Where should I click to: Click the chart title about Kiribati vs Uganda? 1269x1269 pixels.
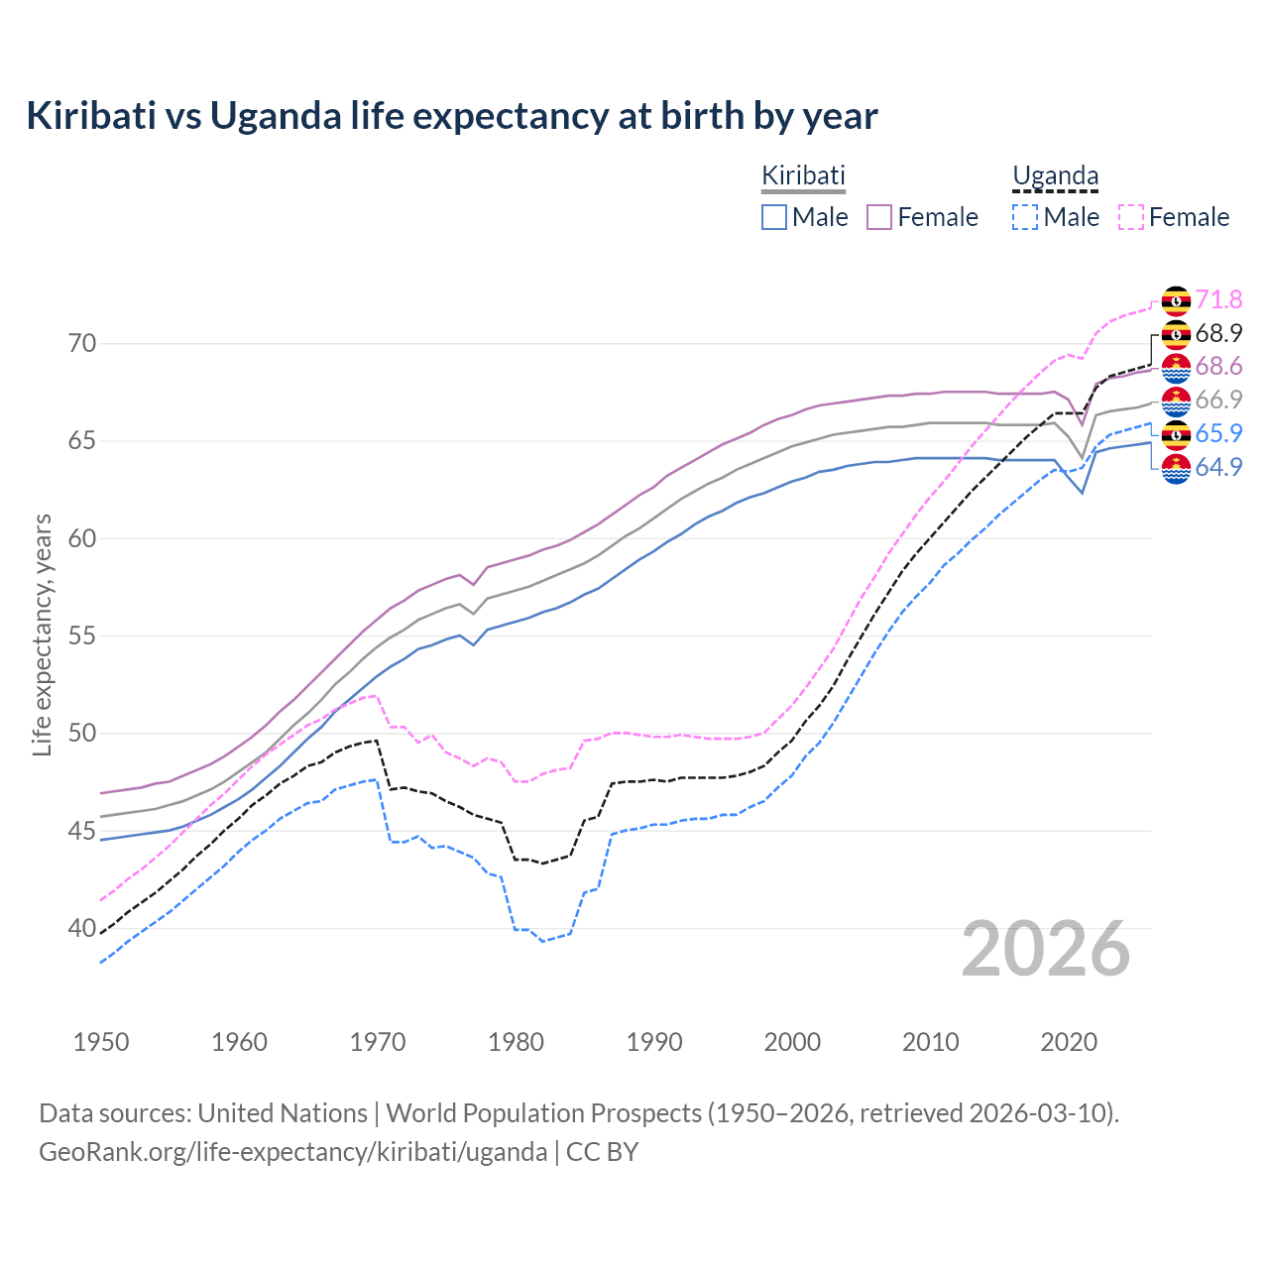click(452, 116)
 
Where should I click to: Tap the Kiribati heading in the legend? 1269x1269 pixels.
click(802, 175)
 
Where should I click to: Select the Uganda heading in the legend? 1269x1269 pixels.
click(1055, 175)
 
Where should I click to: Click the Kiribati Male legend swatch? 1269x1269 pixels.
click(774, 217)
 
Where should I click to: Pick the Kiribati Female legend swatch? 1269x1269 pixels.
click(879, 217)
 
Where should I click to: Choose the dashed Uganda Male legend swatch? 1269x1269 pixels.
click(1025, 217)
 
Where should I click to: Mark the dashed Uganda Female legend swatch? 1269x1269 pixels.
click(1131, 217)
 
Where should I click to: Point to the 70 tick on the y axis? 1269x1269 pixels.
click(82, 344)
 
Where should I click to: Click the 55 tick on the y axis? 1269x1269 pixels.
click(82, 635)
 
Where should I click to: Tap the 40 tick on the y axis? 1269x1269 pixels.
click(82, 929)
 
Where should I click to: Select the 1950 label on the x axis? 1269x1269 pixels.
click(101, 1042)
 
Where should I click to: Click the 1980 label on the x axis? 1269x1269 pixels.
click(516, 1042)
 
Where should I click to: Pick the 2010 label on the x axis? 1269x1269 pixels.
click(930, 1042)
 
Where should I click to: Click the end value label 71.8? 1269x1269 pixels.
click(1218, 299)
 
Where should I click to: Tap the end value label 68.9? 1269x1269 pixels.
click(1218, 333)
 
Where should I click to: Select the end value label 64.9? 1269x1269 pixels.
click(1218, 467)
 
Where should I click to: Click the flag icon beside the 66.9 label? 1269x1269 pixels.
click(1176, 401)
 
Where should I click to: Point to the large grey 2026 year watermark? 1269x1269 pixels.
click(1045, 949)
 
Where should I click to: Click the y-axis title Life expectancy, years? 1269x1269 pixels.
click(42, 634)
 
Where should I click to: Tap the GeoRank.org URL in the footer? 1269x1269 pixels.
click(292, 1152)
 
